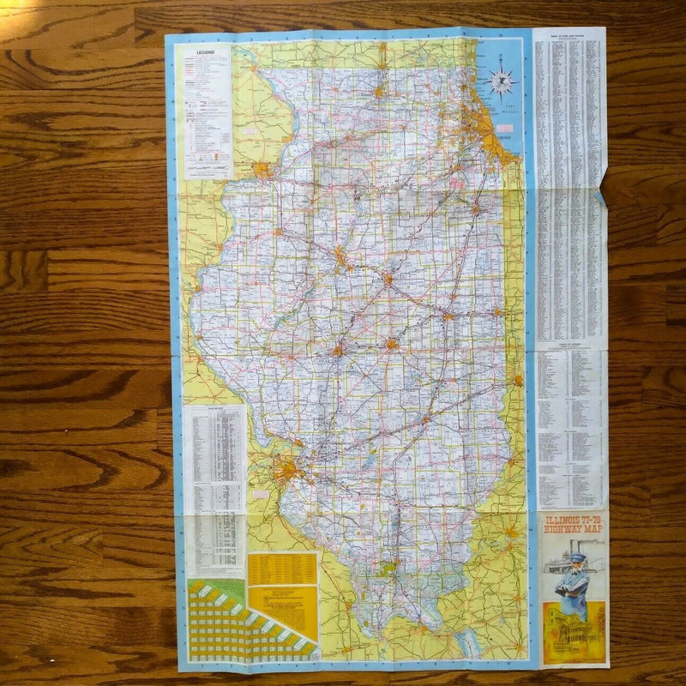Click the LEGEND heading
(204, 52)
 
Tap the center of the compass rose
(501, 81)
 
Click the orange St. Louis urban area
(286, 469)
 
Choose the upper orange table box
(283, 569)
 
